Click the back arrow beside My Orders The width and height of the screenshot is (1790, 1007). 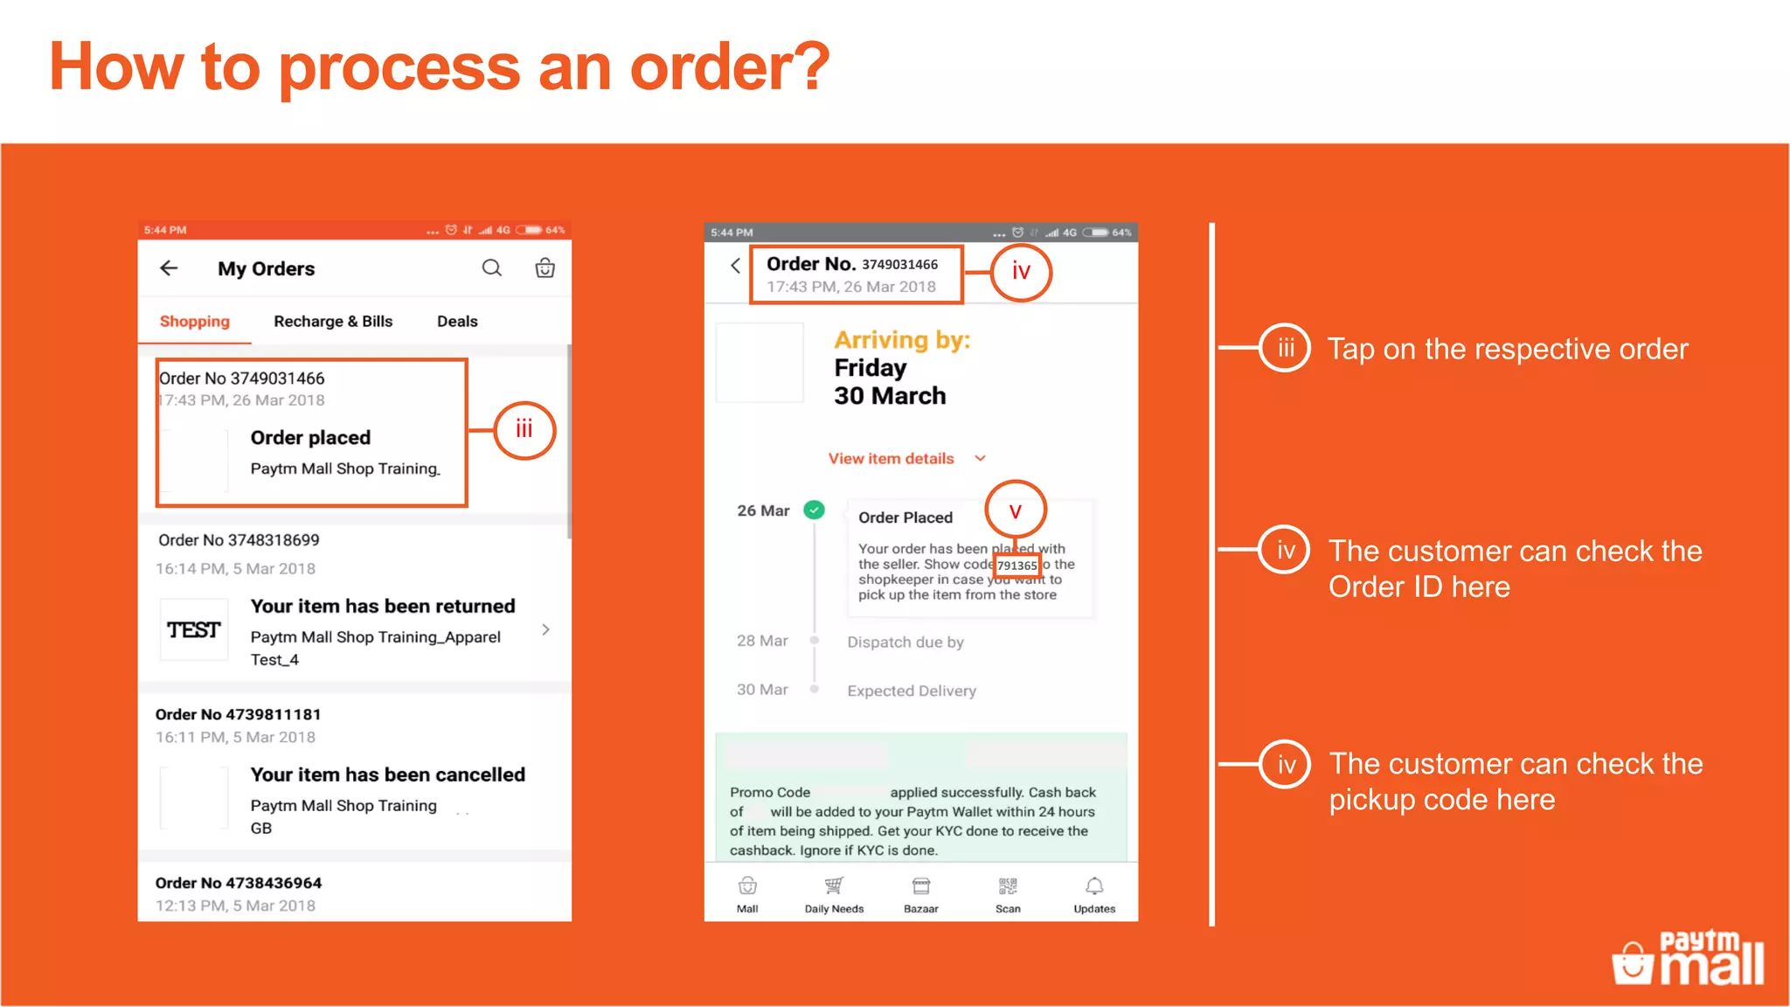tap(169, 268)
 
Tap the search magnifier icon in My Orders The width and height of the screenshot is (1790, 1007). tap(492, 267)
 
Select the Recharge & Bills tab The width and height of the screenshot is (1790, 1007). tap(333, 321)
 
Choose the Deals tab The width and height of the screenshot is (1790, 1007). tap(457, 321)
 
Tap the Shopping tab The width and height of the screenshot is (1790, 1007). tap(194, 321)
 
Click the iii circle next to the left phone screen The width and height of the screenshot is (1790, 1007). tap(524, 429)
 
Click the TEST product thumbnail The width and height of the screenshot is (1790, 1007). tap(194, 629)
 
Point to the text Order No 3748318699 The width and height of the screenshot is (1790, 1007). tap(239, 540)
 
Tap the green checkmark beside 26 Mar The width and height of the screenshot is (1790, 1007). tap(814, 510)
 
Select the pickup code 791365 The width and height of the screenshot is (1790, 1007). tap(1017, 566)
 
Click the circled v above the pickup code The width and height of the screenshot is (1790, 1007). tap(1015, 510)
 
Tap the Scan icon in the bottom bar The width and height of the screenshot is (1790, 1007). tap(1008, 888)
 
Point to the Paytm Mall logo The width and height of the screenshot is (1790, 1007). tap(1689, 959)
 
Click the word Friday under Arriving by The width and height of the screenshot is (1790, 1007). tap(870, 367)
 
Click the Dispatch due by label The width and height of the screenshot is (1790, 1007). tap(905, 642)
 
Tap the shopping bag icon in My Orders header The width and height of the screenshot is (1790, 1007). tap(545, 267)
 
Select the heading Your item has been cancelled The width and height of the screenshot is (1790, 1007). tap(387, 774)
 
